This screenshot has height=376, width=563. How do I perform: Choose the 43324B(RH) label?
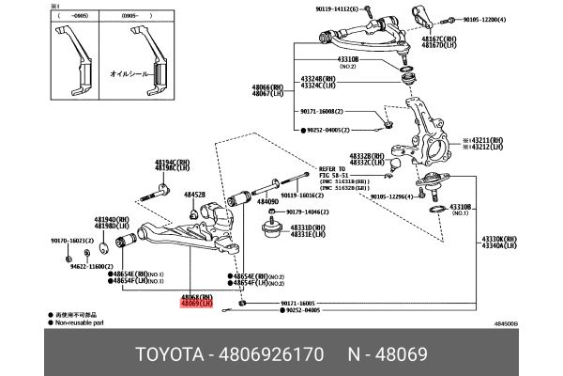(x=319, y=79)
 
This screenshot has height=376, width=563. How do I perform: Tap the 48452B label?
(x=194, y=195)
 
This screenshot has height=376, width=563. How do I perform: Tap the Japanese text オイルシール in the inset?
(x=129, y=72)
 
